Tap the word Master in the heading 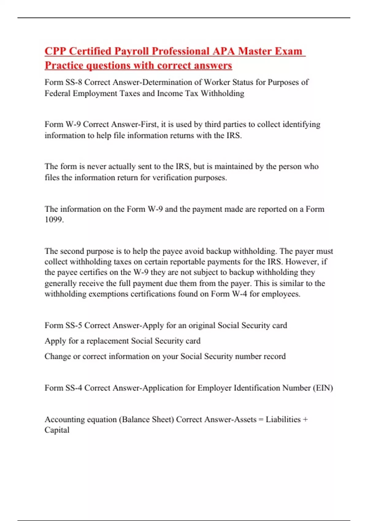tap(255, 51)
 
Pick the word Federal tap(57, 93)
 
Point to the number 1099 tap(54, 219)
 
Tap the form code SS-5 tap(74, 325)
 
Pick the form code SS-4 tap(74, 388)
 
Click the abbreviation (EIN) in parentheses tap(323, 388)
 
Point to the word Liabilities tap(283, 419)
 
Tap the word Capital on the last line tap(57, 430)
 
